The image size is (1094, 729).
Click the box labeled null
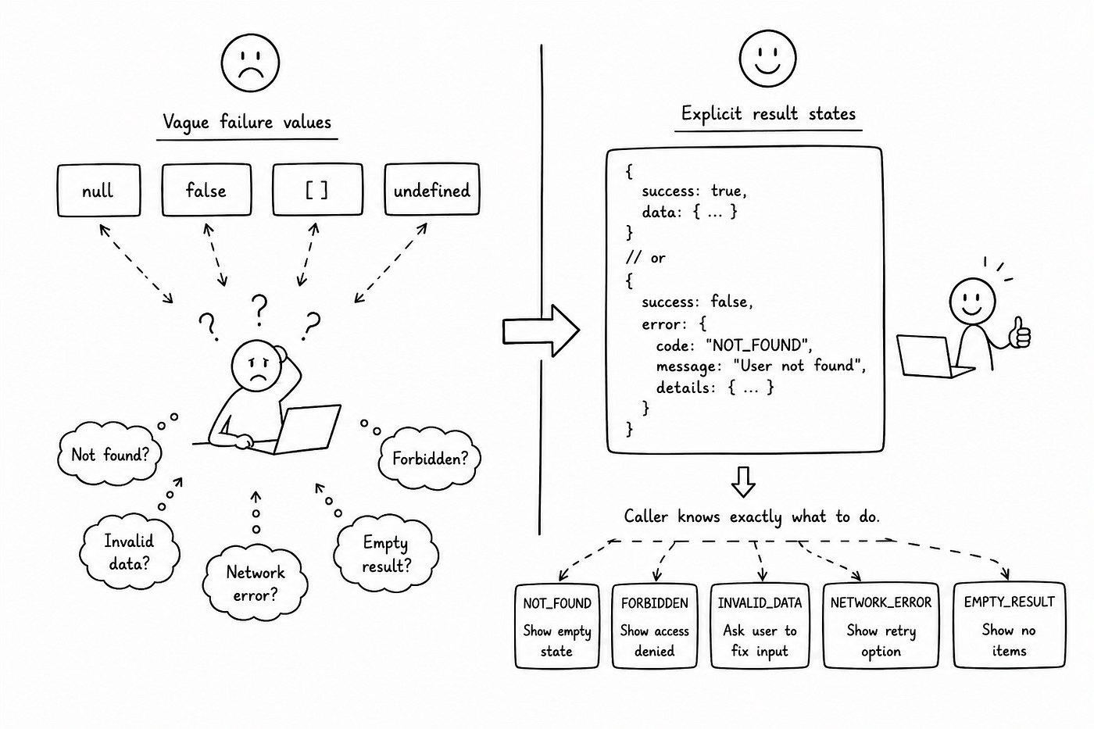coord(98,191)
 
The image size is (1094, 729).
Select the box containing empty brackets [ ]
coord(317,189)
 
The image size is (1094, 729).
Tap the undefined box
coord(431,189)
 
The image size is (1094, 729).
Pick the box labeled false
coord(206,190)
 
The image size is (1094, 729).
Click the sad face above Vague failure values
coord(250,63)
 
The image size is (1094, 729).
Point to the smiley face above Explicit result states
coord(767,59)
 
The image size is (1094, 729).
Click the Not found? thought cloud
coord(109,454)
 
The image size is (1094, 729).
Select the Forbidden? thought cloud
coord(430,458)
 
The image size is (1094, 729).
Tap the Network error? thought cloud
coord(255,584)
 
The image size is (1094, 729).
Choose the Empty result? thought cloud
coord(386,554)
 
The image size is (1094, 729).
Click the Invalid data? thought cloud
coord(130,552)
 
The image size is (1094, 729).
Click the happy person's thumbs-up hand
coord(1019,333)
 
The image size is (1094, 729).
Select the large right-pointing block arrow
coord(541,331)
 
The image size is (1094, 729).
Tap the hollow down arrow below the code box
coord(743,482)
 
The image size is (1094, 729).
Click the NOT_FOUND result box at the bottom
coord(556,626)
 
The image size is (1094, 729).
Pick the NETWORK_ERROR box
coord(881,626)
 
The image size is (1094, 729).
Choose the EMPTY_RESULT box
coord(1009,625)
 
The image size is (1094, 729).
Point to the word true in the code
coord(728,191)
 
